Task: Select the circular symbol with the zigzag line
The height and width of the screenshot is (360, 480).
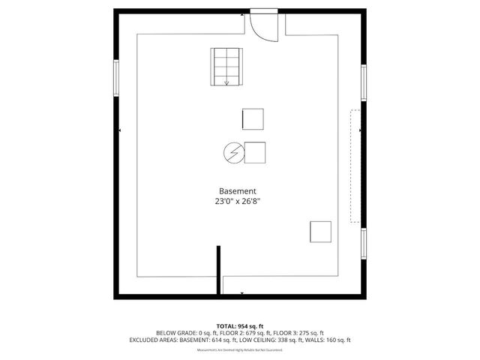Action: [232, 152]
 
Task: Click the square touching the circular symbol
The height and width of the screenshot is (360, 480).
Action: [254, 152]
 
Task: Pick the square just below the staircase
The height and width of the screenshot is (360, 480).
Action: [253, 119]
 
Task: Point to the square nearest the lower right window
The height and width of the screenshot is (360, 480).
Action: [321, 231]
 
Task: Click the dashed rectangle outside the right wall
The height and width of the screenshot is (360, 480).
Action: [355, 165]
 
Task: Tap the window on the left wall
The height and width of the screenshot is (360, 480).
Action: [116, 77]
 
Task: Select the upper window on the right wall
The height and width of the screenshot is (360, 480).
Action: [363, 82]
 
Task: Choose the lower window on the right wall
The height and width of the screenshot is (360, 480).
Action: [363, 248]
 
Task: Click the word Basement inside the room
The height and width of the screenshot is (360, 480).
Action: [238, 191]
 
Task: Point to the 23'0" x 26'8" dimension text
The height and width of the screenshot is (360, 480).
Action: [238, 202]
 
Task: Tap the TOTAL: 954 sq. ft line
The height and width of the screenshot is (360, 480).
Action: [240, 325]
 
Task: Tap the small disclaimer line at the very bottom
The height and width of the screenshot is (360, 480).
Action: [240, 349]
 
